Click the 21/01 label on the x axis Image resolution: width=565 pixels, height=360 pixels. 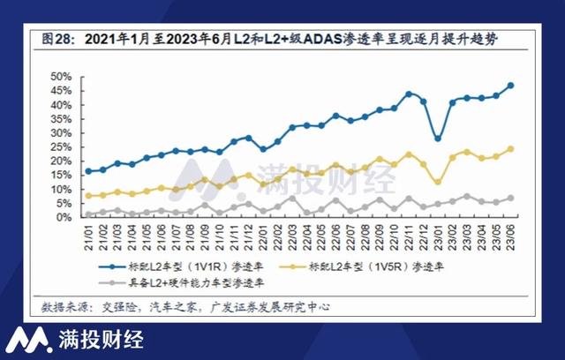(x=88, y=234)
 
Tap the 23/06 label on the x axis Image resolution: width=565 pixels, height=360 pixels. (x=511, y=234)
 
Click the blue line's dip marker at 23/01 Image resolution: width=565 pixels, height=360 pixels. (x=438, y=139)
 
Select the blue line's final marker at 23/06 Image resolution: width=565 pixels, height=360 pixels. (x=511, y=86)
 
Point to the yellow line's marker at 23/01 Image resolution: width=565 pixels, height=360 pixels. (x=438, y=182)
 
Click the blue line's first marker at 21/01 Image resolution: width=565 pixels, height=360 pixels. (x=88, y=171)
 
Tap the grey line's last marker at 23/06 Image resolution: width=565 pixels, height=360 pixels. (x=511, y=198)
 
